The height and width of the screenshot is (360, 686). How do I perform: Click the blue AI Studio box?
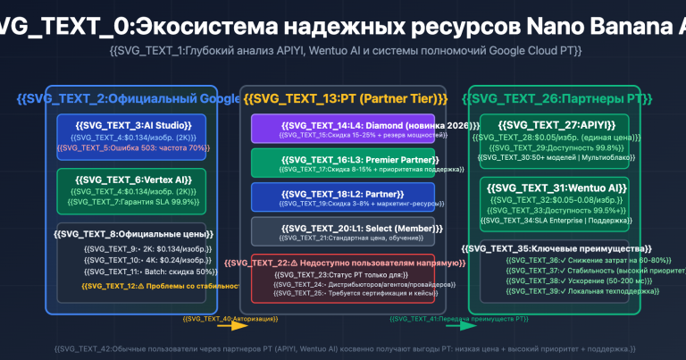click(x=131, y=136)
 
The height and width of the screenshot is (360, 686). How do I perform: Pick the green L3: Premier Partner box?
click(x=348, y=163)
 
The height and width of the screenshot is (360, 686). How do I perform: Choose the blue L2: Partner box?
click(x=348, y=197)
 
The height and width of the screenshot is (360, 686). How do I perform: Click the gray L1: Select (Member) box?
click(x=348, y=230)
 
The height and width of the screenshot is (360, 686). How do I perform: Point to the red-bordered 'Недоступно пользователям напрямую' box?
click(x=348, y=278)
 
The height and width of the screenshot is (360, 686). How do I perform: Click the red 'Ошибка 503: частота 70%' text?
click(x=131, y=147)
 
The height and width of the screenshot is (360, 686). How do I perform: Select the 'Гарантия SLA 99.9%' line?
click(x=131, y=202)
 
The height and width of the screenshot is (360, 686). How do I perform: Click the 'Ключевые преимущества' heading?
click(x=554, y=248)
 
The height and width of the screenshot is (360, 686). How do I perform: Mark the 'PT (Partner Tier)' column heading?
click(x=346, y=98)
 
